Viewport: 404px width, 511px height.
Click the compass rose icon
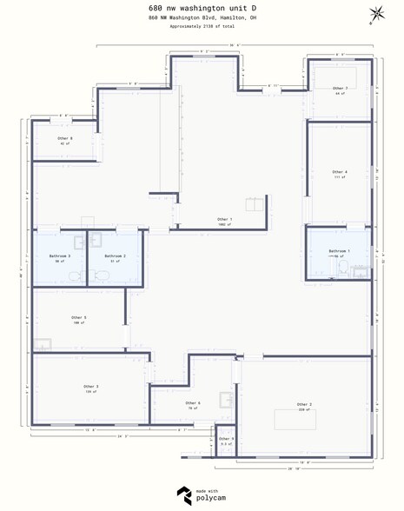(x=378, y=14)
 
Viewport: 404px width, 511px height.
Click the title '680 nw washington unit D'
(x=202, y=7)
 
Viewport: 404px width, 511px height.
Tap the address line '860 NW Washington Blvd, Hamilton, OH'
(x=202, y=17)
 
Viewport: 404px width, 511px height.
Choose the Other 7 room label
(x=340, y=89)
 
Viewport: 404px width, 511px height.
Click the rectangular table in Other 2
(x=295, y=419)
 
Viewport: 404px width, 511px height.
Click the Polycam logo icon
(x=184, y=495)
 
